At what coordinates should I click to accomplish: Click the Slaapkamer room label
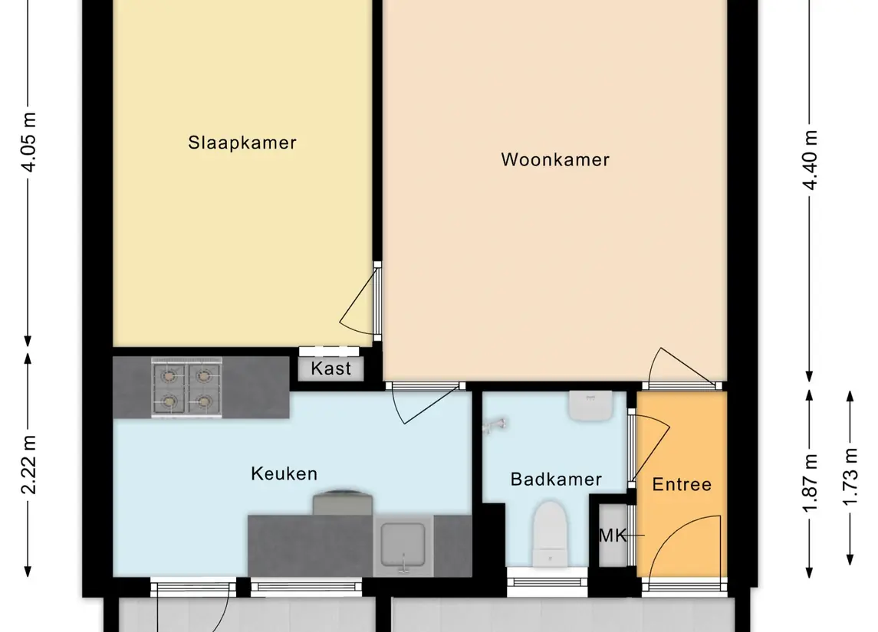point(242,142)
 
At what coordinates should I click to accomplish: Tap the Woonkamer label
point(555,159)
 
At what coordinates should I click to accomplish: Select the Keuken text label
point(284,473)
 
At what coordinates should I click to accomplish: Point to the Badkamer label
point(556,480)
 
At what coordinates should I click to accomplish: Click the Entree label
point(682,484)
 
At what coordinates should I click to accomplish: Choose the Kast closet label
point(331,368)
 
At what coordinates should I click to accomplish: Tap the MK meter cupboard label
point(613,535)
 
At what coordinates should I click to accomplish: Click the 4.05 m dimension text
point(29,142)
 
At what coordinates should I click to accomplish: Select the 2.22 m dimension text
point(29,464)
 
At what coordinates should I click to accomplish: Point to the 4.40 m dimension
point(810,160)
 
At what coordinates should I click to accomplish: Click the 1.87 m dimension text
point(810,483)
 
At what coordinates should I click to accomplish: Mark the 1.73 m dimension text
point(850,477)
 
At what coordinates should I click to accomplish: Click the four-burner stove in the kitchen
point(186,387)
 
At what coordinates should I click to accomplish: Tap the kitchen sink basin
point(403,545)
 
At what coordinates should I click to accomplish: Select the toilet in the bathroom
point(550,534)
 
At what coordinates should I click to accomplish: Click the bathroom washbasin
point(590,406)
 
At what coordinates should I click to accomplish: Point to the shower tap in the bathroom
point(495,426)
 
